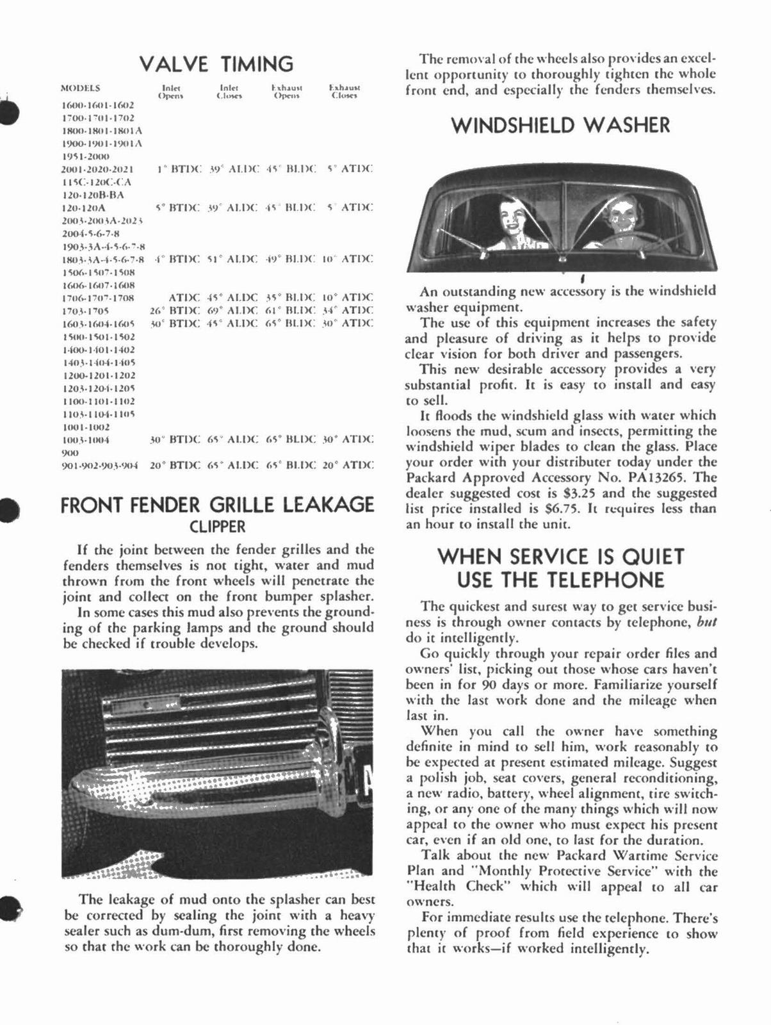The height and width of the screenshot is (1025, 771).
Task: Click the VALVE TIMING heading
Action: (x=216, y=64)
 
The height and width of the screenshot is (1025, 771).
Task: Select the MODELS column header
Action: (x=80, y=88)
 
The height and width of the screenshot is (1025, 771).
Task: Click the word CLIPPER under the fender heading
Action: (x=218, y=527)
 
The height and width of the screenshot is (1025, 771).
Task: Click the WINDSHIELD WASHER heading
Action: (x=560, y=125)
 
